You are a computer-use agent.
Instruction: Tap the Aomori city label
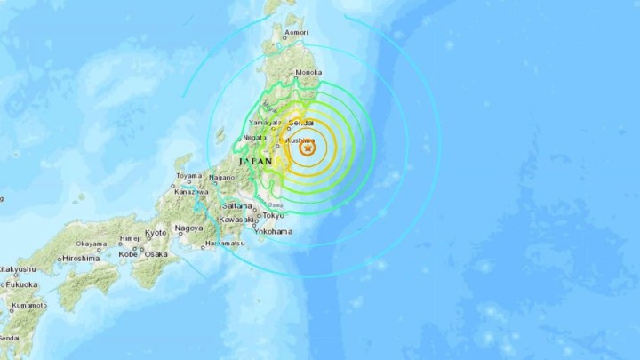pyautogui.click(x=296, y=34)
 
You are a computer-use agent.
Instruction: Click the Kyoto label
pyautogui.click(x=156, y=232)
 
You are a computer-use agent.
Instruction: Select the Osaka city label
pyautogui.click(x=156, y=253)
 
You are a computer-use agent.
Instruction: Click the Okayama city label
pyautogui.click(x=91, y=244)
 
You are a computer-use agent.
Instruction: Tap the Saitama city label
pyautogui.click(x=238, y=205)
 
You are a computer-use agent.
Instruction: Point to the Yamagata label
pyautogui.click(x=260, y=120)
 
